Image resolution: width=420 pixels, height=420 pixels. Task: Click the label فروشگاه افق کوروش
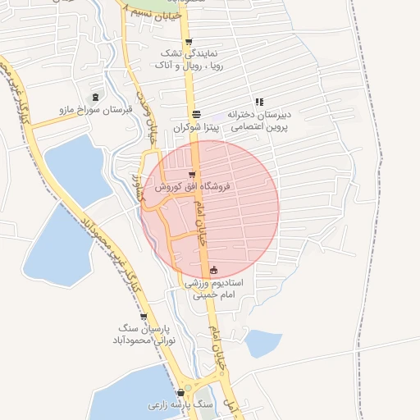(190, 187)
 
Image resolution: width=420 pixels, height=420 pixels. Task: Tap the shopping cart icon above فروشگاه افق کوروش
(191, 174)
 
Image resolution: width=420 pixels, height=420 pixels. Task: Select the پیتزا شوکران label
(196, 128)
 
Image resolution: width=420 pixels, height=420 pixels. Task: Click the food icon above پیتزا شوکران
(196, 115)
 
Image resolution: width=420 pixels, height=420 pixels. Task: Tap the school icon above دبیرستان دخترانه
(259, 103)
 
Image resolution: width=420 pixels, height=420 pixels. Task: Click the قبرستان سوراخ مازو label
(90, 109)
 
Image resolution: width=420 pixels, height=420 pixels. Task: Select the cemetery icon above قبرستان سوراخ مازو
(97, 97)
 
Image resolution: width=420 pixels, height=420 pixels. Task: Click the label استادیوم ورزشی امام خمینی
(214, 288)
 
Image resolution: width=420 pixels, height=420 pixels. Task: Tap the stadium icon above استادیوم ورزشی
(214, 270)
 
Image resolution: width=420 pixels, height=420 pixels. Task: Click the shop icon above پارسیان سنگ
(144, 316)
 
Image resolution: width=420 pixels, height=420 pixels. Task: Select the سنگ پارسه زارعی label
(180, 405)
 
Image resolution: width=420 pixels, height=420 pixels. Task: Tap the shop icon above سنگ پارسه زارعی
(180, 393)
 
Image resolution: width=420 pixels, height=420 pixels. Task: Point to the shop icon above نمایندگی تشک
(189, 42)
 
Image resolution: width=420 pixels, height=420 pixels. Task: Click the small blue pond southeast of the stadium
(262, 343)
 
